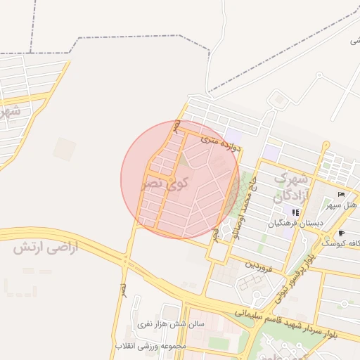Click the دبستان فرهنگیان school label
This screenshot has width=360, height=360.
(x=295, y=224)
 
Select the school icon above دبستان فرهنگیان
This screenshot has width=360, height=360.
(x=295, y=212)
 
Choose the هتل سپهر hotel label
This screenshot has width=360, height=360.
(x=342, y=205)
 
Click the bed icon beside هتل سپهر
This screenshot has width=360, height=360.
(x=342, y=194)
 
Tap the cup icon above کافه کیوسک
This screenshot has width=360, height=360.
(x=342, y=233)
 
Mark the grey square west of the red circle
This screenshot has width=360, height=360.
(x=64, y=148)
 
